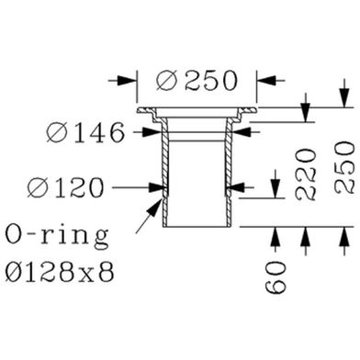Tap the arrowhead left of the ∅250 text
point(129,80)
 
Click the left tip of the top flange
point(138,112)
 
